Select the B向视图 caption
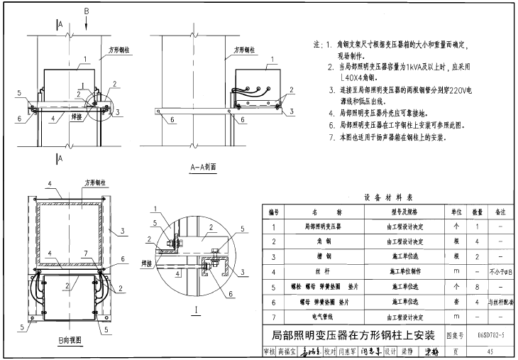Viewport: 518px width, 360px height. point(72,342)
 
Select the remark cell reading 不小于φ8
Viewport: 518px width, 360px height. point(500,271)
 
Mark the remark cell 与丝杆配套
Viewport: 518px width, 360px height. point(500,301)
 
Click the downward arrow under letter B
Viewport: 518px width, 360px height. point(87,23)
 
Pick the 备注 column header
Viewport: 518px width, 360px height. point(500,212)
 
